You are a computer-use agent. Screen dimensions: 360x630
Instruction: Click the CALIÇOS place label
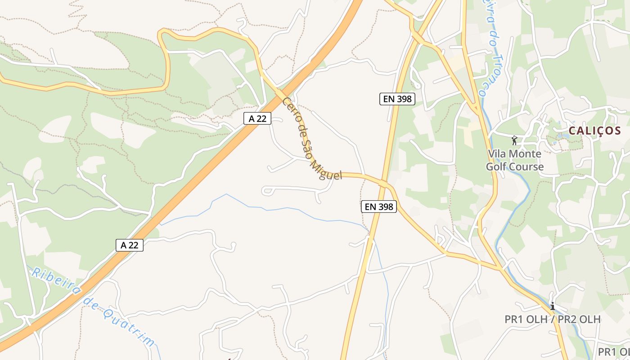pyautogui.click(x=594, y=131)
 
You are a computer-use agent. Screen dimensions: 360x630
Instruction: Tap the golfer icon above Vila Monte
pyautogui.click(x=514, y=140)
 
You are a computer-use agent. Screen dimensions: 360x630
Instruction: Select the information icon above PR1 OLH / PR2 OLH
pyautogui.click(x=553, y=306)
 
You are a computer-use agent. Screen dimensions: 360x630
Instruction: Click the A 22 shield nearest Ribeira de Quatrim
pyautogui.click(x=129, y=245)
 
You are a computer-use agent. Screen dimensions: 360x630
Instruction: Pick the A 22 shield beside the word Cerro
pyautogui.click(x=257, y=118)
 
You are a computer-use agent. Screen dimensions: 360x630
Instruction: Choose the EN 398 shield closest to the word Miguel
pyautogui.click(x=379, y=207)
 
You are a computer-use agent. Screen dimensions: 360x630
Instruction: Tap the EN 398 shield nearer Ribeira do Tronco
pyautogui.click(x=397, y=99)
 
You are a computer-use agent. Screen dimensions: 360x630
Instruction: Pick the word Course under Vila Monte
pyautogui.click(x=526, y=167)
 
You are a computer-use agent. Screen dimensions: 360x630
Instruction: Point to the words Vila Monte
pyautogui.click(x=515, y=154)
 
